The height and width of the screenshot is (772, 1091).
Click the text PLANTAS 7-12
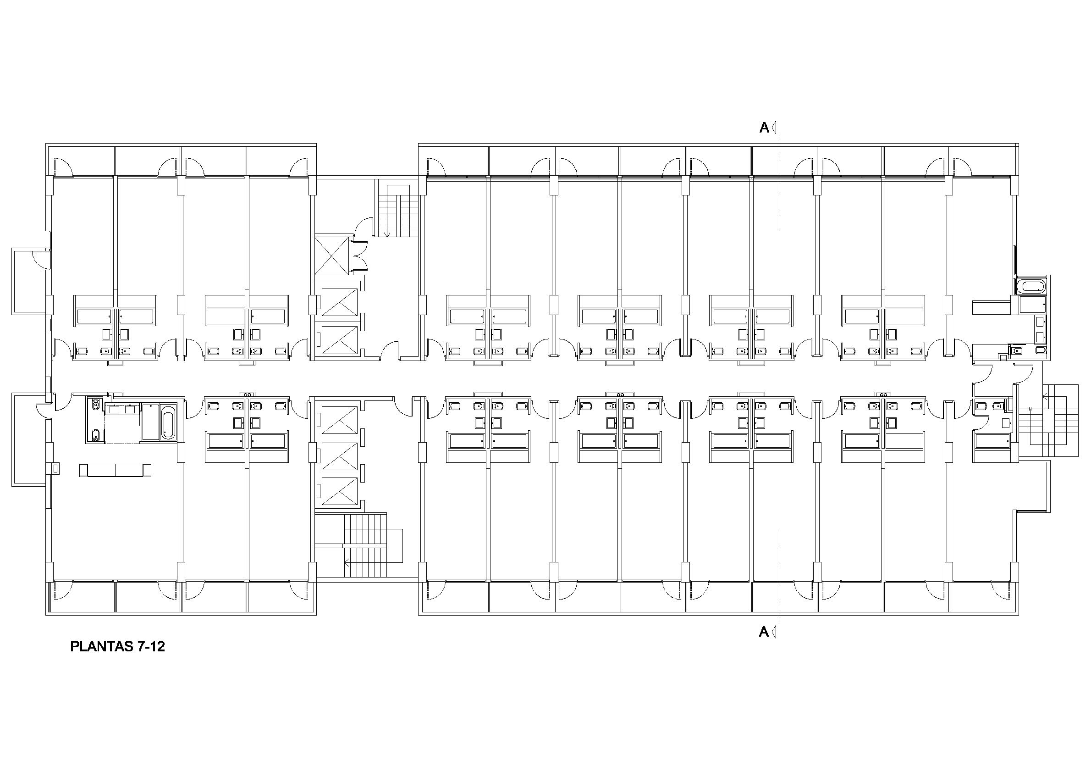pyautogui.click(x=117, y=647)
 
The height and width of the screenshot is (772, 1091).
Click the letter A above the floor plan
pyautogui.click(x=764, y=128)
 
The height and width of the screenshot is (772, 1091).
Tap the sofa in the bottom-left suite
pyautogui.click(x=116, y=471)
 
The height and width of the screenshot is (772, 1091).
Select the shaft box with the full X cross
pyautogui.click(x=332, y=256)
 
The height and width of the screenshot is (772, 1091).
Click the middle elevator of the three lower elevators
pyautogui.click(x=339, y=456)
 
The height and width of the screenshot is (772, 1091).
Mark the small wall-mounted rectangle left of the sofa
pyautogui.click(x=55, y=469)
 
